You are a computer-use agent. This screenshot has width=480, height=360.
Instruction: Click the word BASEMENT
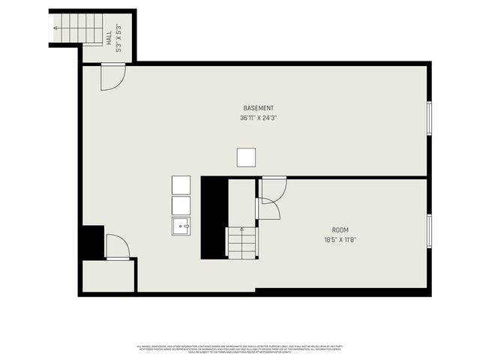point(258,108)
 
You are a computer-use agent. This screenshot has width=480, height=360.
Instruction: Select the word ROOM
point(340,230)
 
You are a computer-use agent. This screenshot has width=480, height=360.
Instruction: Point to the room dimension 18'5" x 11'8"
point(340,240)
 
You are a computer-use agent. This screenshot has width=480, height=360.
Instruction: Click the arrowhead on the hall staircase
point(57,28)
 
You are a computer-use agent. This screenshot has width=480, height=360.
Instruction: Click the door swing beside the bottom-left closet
point(117,247)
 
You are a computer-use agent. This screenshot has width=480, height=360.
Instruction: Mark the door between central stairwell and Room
point(268,209)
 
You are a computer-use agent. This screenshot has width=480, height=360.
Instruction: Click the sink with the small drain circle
point(182,225)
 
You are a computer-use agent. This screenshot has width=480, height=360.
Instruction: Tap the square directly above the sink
point(182,205)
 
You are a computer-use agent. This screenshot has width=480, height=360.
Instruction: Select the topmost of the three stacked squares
point(182,184)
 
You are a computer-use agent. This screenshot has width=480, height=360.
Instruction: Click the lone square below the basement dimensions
point(246,157)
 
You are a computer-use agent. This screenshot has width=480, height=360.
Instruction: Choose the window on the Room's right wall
point(428,231)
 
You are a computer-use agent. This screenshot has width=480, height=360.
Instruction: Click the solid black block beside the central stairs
point(214,217)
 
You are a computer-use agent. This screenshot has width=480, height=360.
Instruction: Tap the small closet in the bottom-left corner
point(108,275)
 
